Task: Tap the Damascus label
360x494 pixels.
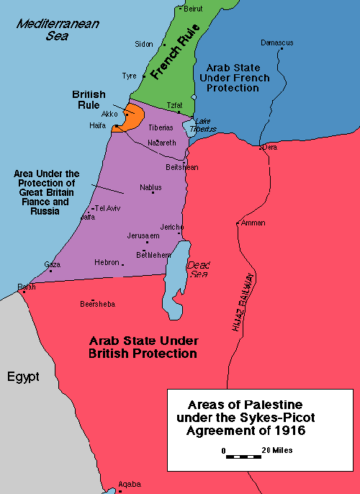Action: point(276,43)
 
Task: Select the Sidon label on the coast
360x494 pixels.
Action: point(144,44)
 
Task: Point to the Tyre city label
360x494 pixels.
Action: point(129,76)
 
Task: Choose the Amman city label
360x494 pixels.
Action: point(253,223)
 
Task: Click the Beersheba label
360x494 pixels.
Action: point(97,303)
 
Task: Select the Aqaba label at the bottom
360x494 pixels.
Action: point(130,484)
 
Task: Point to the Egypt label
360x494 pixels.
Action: point(23,377)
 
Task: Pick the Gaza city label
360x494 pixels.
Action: point(52,264)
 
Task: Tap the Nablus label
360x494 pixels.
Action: point(150,188)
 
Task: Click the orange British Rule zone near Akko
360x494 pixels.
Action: point(132,118)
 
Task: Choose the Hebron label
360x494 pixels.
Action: point(107,263)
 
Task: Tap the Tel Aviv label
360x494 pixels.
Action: point(107,208)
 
